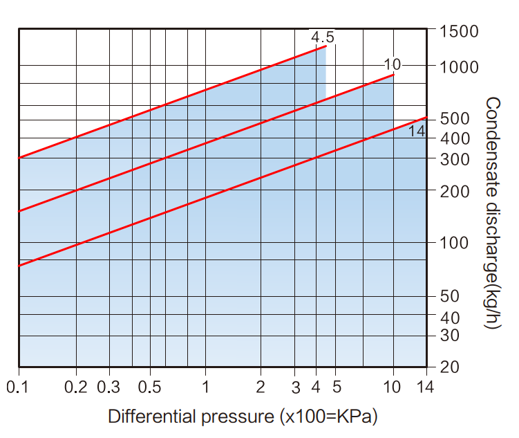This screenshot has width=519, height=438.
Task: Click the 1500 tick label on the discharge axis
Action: [459, 32]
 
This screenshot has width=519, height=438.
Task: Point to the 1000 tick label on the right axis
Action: [459, 67]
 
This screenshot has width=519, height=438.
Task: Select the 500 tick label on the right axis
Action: [454, 119]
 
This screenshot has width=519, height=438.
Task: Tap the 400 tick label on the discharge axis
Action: [454, 138]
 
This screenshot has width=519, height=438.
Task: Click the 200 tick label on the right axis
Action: [454, 191]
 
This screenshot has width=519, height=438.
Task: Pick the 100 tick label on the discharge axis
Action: [454, 243]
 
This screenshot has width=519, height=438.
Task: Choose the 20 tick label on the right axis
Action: [450, 367]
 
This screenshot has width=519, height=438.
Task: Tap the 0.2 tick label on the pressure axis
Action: [77, 387]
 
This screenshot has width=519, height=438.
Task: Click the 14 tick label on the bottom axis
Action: [426, 387]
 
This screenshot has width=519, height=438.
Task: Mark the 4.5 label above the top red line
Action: [322, 37]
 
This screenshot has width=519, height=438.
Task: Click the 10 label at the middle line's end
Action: [392, 65]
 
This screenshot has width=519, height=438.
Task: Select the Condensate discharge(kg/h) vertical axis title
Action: [492, 212]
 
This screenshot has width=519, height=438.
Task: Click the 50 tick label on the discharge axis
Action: [450, 297]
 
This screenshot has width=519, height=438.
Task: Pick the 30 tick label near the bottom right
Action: [450, 336]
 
